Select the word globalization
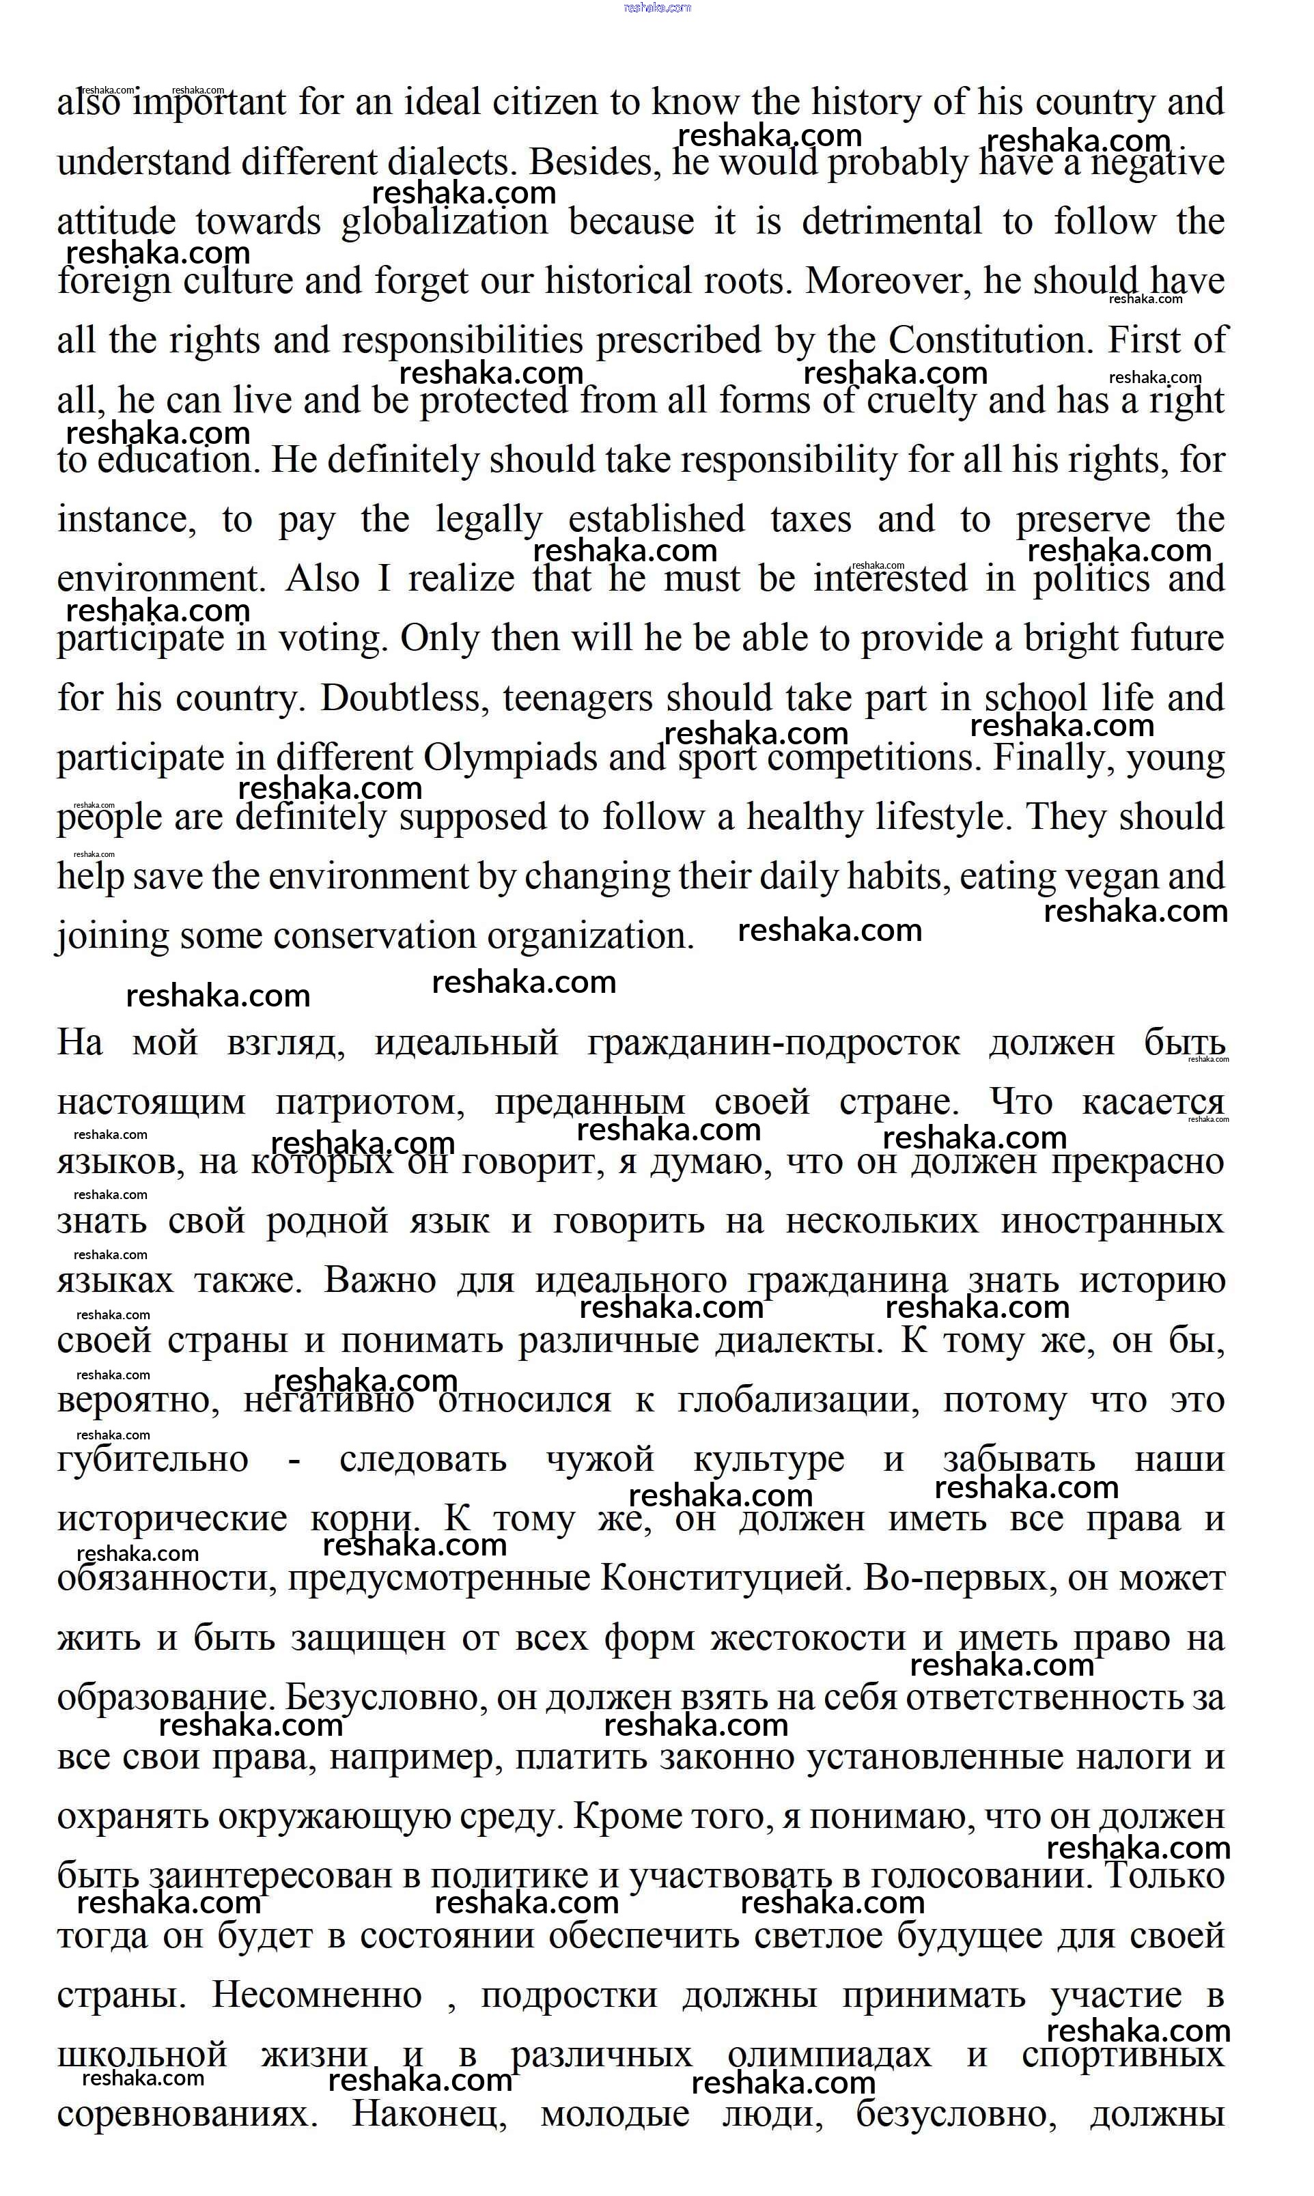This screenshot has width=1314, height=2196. [445, 222]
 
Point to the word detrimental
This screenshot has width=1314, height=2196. [892, 222]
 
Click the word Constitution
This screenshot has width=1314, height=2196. [988, 341]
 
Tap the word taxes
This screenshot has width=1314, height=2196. [811, 520]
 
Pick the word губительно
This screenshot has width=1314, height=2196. [152, 1460]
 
